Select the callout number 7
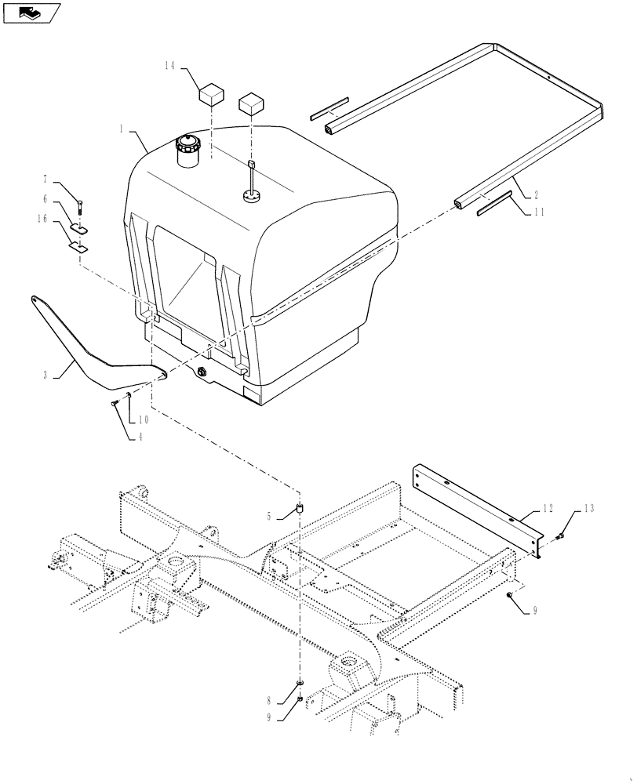point(67,182)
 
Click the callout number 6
point(67,199)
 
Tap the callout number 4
point(140,436)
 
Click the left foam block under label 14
point(209,96)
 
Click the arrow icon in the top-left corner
point(31,12)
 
